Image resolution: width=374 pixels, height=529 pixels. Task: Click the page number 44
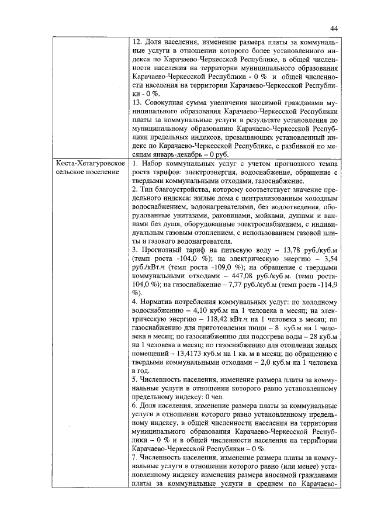tap(334, 29)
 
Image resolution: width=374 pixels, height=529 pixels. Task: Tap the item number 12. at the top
tap(138, 42)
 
